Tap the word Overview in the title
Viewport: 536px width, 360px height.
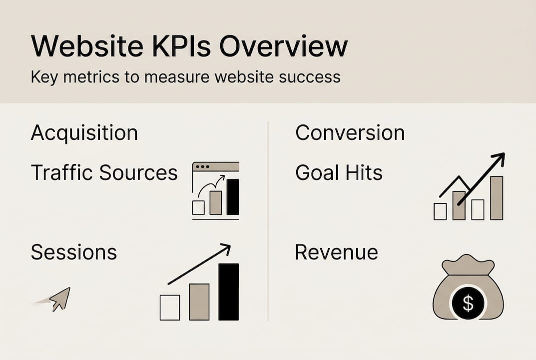point(283,47)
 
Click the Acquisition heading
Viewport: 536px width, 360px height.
point(84,133)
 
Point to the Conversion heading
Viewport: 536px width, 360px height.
point(350,133)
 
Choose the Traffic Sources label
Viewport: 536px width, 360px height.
point(104,173)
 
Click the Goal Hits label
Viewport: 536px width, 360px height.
point(339,173)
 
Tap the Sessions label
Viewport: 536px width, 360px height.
point(74,252)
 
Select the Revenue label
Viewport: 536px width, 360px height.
point(336,252)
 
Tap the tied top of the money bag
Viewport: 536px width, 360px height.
point(467,264)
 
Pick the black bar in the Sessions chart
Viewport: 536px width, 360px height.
point(229,291)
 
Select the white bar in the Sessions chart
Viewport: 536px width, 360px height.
point(170,307)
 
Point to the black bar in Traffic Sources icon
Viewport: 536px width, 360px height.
point(233,196)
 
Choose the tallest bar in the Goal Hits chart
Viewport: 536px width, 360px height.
point(496,198)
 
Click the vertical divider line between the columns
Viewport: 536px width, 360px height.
point(268,220)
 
